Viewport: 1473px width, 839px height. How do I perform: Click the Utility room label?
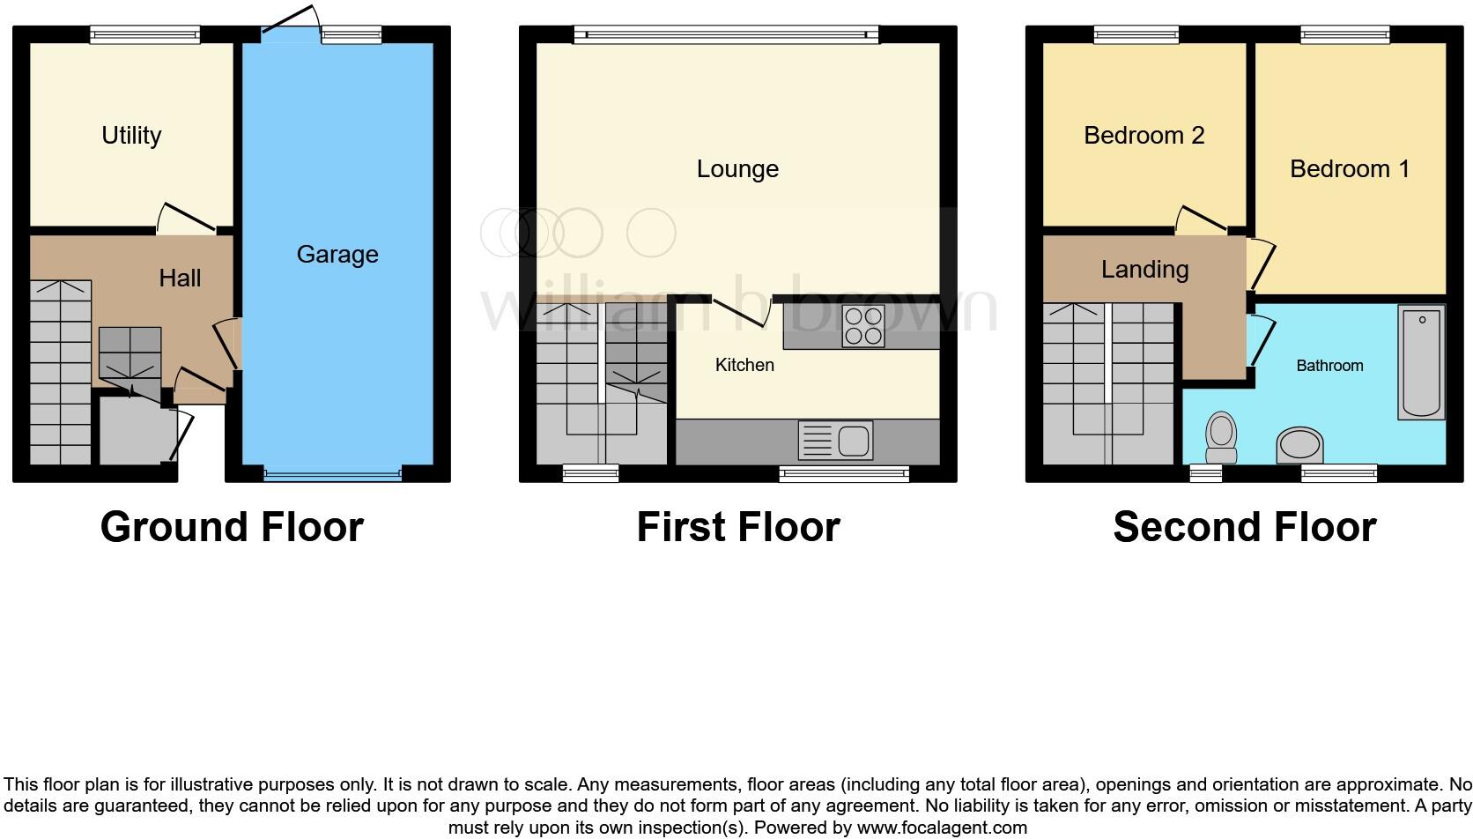pos(131,136)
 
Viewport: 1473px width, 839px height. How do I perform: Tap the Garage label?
pos(337,255)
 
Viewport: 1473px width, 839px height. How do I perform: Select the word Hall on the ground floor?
pos(180,278)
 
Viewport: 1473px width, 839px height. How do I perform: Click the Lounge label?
pos(737,169)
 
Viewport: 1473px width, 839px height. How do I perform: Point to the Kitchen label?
pos(744,365)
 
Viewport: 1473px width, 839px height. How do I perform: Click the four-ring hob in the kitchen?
pos(862,326)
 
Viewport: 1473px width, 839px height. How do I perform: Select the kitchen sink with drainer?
pos(835,440)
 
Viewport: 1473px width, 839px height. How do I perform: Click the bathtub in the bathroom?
pos(1421,361)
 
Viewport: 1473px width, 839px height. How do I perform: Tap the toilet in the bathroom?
pos(1221,437)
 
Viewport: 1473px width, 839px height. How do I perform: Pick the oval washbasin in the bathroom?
pos(1300,445)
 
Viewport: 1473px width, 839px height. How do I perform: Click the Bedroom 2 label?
pos(1144,136)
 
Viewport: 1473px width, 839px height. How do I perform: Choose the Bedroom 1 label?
pos(1350,169)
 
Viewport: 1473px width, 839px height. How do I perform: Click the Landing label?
pos(1144,270)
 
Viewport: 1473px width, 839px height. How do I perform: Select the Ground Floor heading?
pos(232,527)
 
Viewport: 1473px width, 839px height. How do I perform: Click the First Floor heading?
pos(738,527)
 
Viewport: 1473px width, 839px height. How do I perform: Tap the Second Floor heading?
pos(1244,527)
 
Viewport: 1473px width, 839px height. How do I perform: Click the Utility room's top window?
pos(145,34)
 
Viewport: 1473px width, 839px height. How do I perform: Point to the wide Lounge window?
pos(726,34)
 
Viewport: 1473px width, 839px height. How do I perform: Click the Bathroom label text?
pos(1329,366)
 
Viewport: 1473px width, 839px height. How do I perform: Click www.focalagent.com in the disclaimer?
pos(942,828)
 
